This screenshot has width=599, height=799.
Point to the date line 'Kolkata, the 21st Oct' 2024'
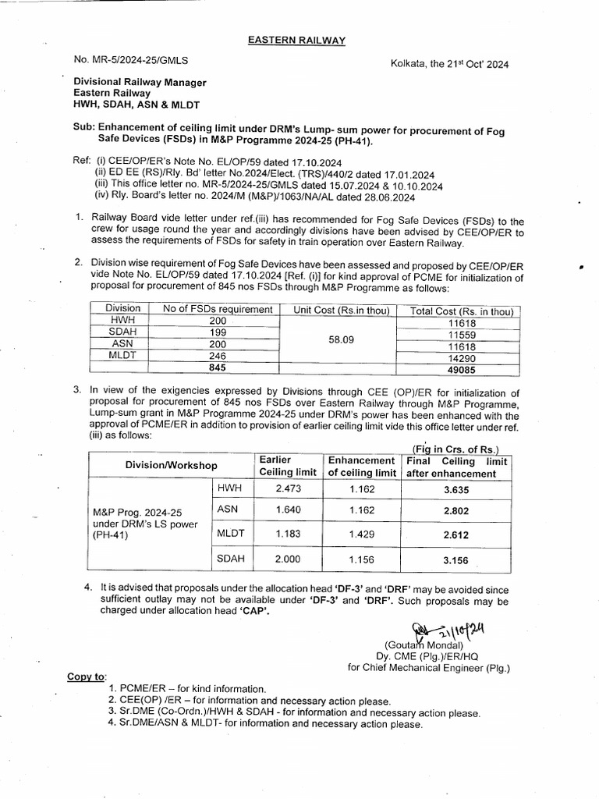pos(449,65)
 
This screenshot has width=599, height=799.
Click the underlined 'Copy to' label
pos(87,676)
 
